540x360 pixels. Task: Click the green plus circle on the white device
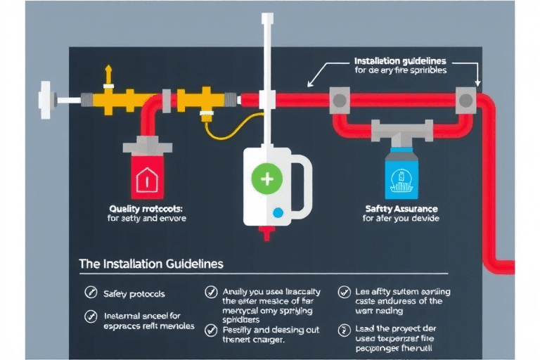click(x=267, y=179)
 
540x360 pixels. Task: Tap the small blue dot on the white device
click(x=278, y=212)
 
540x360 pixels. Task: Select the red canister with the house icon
click(x=148, y=176)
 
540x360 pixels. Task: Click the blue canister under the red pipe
click(x=403, y=175)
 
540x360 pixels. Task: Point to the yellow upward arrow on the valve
click(x=108, y=75)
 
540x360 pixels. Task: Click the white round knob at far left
click(x=46, y=99)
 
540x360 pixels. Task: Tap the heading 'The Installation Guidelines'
click(x=151, y=264)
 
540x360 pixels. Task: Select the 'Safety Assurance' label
click(x=401, y=208)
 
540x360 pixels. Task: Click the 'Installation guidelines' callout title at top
click(x=400, y=61)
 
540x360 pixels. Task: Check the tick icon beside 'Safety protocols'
click(x=90, y=292)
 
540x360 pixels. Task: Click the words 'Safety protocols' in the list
click(x=134, y=293)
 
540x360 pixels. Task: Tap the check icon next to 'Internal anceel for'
click(x=90, y=316)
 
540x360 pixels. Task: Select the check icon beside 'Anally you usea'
click(x=210, y=292)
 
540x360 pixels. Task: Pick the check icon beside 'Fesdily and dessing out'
click(x=210, y=329)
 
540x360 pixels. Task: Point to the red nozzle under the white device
click(x=268, y=232)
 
